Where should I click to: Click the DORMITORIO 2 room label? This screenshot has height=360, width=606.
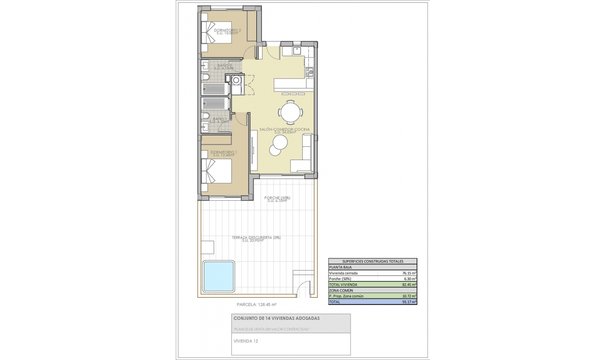[x=227, y=30]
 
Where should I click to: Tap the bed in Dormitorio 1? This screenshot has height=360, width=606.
[x=217, y=171]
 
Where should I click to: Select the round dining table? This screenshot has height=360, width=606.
[x=291, y=112]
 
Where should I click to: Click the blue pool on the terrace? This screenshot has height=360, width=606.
[x=218, y=277]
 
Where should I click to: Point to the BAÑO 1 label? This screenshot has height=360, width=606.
[x=220, y=119]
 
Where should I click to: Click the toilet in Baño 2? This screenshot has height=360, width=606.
[x=205, y=77]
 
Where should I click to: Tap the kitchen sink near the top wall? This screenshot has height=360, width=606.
[x=297, y=51]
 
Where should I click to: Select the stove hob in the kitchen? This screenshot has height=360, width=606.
[x=309, y=72]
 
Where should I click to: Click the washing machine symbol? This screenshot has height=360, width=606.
[x=236, y=81]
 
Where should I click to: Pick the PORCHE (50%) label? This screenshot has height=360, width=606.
[x=277, y=198]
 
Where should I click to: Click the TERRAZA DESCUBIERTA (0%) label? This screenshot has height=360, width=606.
[x=256, y=237]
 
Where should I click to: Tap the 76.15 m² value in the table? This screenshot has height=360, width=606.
[x=409, y=273]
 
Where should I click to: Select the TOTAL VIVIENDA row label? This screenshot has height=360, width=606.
[x=343, y=285]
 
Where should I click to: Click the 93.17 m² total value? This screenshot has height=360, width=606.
[x=409, y=302]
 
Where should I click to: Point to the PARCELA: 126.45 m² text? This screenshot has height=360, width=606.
[x=256, y=305]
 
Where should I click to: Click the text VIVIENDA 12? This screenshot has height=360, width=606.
[x=246, y=341]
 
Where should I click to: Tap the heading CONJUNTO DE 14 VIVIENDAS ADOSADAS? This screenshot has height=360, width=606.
[x=276, y=318]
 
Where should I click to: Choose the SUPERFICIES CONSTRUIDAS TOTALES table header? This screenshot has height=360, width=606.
[x=373, y=261]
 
